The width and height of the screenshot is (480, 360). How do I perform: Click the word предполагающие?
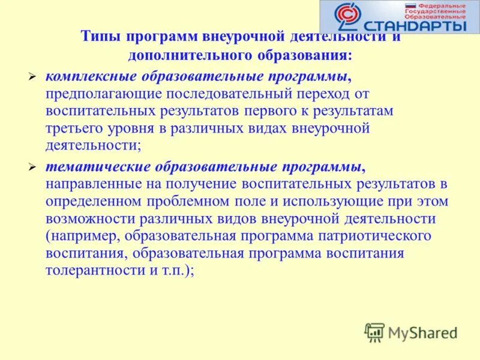tap(103, 94)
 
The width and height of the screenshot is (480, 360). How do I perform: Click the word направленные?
tap(89, 183)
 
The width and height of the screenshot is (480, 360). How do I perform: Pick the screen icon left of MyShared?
tap(375, 332)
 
